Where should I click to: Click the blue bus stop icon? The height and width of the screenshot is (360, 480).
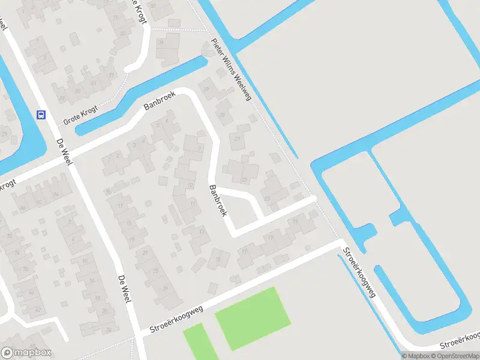(x=41, y=115)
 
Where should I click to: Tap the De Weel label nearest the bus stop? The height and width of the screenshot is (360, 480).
(x=62, y=152)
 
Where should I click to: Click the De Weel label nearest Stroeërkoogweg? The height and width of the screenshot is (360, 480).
(x=124, y=289)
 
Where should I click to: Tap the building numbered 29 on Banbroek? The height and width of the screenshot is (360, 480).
(x=206, y=89)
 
